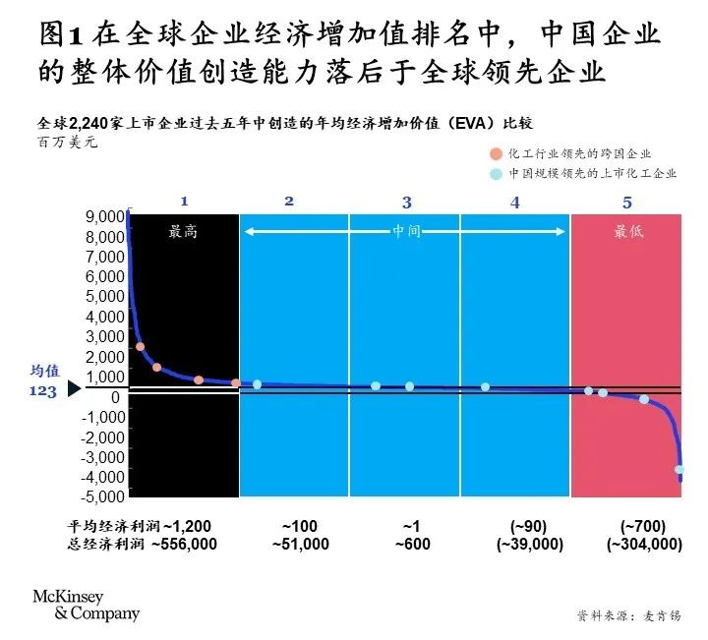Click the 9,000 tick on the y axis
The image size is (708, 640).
point(105,216)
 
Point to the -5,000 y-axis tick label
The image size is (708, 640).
point(103,496)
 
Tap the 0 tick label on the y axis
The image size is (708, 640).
point(116,396)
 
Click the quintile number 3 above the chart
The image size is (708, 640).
point(407,203)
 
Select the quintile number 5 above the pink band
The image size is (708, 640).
point(628,203)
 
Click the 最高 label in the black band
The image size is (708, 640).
point(183,233)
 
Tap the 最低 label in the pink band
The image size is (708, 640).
point(629,233)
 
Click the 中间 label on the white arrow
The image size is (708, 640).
point(406,233)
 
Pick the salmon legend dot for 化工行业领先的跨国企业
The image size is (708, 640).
point(495,153)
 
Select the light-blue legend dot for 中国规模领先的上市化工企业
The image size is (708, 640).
point(495,173)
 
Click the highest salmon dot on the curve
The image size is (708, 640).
point(141,347)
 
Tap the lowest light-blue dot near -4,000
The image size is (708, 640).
point(679,470)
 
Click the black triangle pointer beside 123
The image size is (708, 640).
point(73,389)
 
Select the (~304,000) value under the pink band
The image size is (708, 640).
point(644,544)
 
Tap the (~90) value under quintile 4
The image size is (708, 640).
point(521,525)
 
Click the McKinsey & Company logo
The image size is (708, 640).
point(87,606)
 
